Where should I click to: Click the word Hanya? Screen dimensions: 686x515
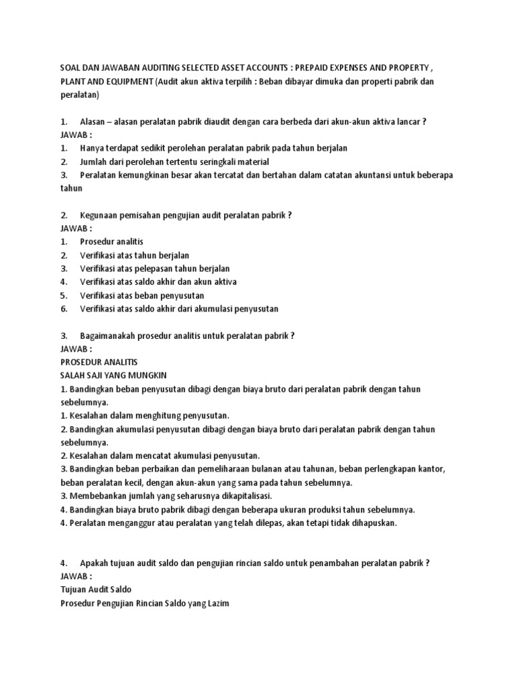click(93, 148)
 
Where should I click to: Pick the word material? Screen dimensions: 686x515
click(252, 161)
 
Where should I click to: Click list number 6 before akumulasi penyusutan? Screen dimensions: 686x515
click(63, 309)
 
